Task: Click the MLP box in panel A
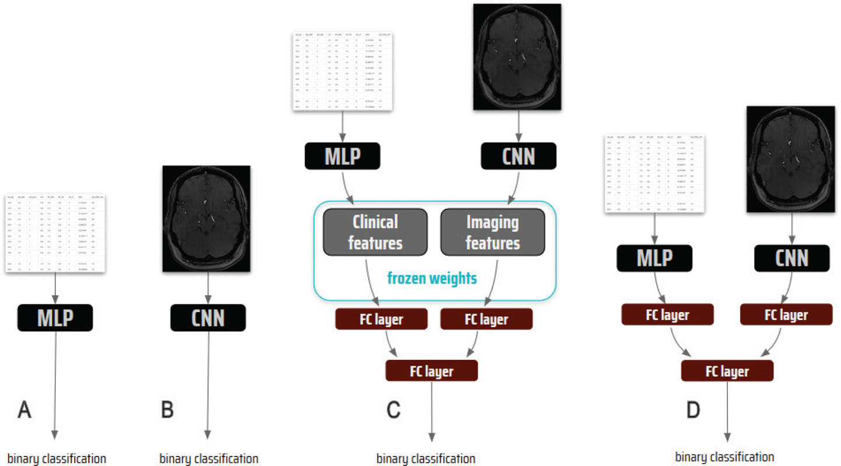[x=55, y=318]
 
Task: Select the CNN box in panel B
[x=208, y=318]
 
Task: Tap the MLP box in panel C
[x=342, y=156]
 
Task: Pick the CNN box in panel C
[x=518, y=156]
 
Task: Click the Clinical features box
[x=375, y=232]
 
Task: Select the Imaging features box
[x=492, y=232]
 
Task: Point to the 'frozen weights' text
[x=432, y=278]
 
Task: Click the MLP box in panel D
[x=654, y=258]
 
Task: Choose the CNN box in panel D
[x=791, y=258]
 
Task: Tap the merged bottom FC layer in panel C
[x=432, y=371]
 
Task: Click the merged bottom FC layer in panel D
[x=727, y=371]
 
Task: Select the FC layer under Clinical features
[x=381, y=319]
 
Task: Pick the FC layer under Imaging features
[x=486, y=319]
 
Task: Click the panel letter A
[x=24, y=411]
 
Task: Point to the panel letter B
[x=167, y=411]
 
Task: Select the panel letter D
[x=693, y=411]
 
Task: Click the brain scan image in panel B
[x=206, y=219]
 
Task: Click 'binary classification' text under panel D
[x=724, y=457]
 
